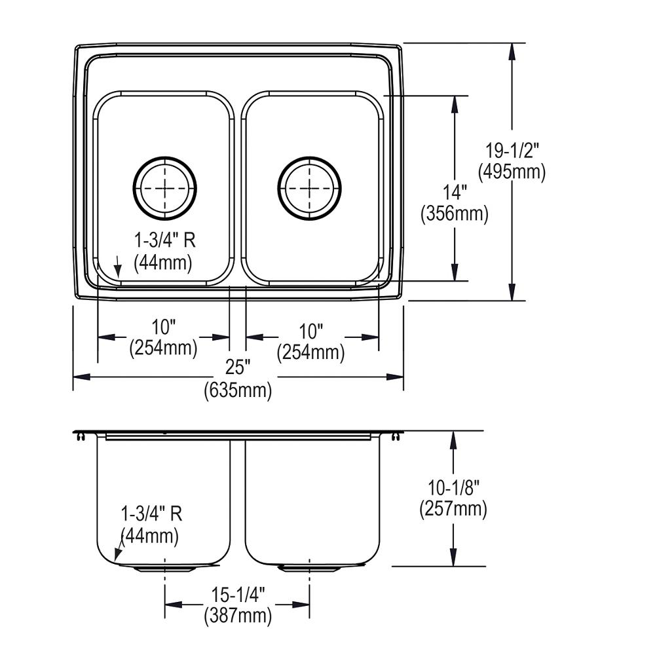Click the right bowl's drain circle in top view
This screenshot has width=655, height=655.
(x=309, y=187)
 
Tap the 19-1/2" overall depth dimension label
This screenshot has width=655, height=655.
(x=512, y=152)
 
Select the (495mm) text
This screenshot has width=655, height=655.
(x=512, y=172)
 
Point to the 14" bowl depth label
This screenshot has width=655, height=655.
(x=455, y=194)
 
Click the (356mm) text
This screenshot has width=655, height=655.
(x=455, y=214)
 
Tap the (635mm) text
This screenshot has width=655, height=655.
(x=238, y=390)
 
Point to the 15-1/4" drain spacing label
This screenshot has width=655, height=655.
(x=237, y=595)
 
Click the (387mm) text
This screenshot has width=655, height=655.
(x=237, y=615)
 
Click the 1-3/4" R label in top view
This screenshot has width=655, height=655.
(x=164, y=241)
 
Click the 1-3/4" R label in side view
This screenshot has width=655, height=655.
(x=151, y=514)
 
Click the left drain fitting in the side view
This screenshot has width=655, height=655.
(x=164, y=569)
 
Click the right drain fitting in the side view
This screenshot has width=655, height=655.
(x=309, y=569)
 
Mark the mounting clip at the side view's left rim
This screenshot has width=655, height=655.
(x=80, y=436)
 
